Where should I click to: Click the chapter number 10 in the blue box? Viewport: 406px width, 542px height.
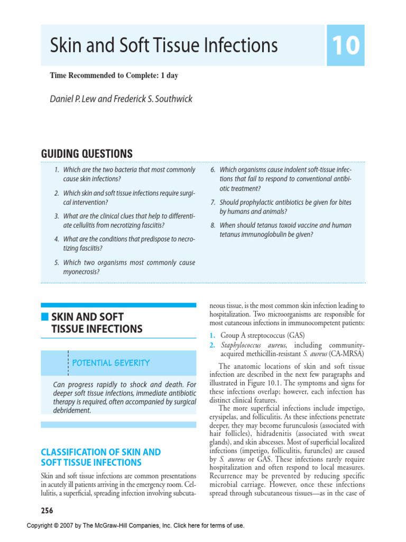point(346,46)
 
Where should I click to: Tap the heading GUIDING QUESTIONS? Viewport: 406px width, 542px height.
point(87,153)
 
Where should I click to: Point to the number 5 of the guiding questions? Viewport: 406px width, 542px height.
point(57,263)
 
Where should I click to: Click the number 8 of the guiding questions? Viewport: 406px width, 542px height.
point(213,225)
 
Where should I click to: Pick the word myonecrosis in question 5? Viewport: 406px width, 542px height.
point(81,272)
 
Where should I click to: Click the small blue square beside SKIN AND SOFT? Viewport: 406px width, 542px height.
point(45,317)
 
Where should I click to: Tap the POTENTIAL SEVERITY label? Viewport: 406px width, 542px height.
point(110,363)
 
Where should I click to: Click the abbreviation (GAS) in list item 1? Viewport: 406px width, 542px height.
point(289,335)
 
